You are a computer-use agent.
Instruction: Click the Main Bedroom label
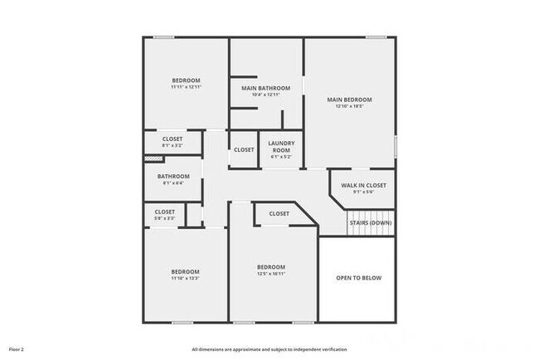point(354,100)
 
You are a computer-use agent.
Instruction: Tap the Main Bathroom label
point(266,88)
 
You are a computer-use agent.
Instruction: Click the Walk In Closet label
point(364,184)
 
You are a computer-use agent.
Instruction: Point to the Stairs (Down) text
point(370,222)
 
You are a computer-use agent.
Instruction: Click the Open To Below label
point(359,278)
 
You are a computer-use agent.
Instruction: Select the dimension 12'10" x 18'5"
point(354,107)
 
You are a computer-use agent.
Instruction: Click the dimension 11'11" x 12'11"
point(187,87)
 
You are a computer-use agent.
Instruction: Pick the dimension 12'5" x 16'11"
point(271,274)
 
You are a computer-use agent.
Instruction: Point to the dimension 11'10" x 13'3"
point(186,279)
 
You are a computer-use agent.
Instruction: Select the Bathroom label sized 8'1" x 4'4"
point(173,176)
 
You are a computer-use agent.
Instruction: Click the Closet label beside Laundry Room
point(244,149)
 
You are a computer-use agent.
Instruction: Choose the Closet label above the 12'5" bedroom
point(279,214)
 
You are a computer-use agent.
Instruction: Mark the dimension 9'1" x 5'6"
point(364,192)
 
